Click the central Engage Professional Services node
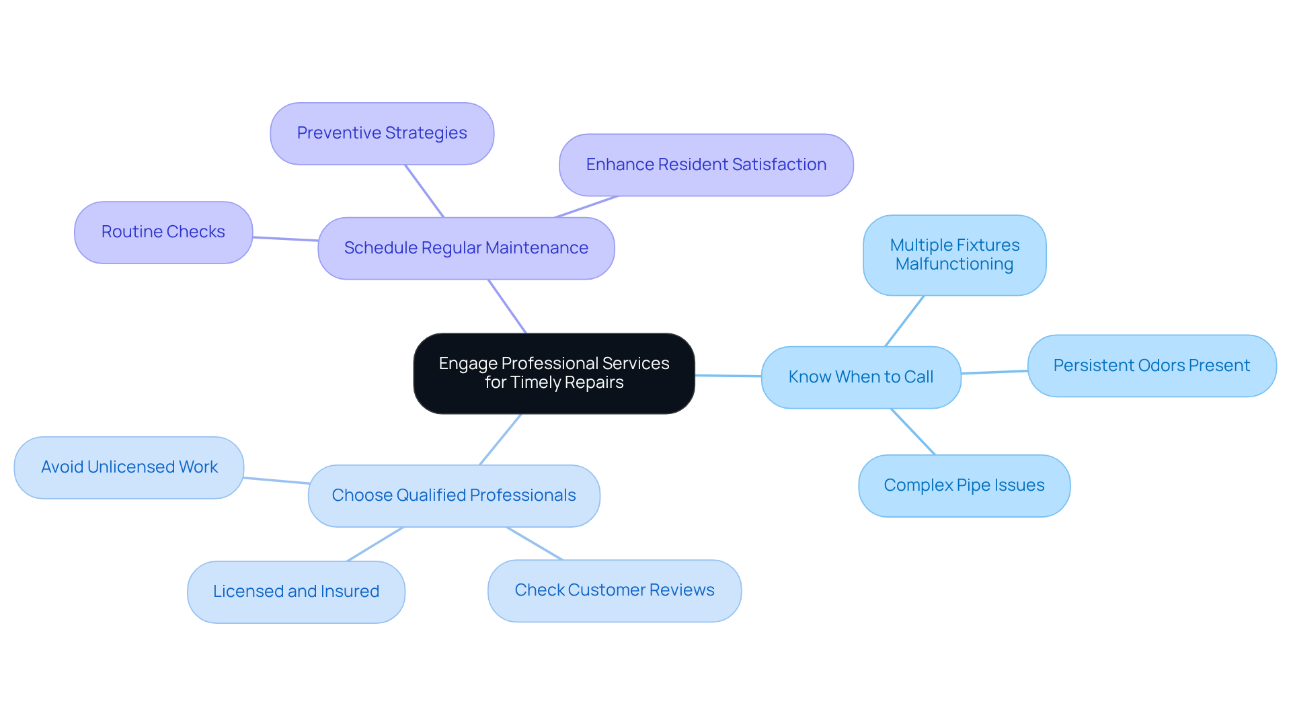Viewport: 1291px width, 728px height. [554, 373]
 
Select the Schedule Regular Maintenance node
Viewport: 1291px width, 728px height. [466, 248]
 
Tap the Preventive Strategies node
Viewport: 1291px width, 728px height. [382, 133]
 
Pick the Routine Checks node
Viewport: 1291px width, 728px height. [163, 232]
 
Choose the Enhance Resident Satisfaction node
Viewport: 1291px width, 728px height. [706, 165]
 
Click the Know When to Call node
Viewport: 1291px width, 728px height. [861, 377]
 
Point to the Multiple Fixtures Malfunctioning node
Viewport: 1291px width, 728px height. [955, 255]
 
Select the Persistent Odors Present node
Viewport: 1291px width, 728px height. [1152, 366]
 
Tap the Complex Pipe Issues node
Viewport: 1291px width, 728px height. [964, 485]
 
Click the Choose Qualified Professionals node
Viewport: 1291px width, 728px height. [454, 495]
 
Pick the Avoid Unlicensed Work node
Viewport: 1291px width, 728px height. [129, 467]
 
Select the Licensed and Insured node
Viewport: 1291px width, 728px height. [296, 592]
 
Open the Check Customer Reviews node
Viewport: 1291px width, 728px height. [615, 590]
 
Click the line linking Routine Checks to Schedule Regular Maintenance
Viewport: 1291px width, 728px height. [285, 239]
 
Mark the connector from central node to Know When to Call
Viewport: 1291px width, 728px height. [728, 376]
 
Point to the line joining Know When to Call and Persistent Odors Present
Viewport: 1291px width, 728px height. [994, 372]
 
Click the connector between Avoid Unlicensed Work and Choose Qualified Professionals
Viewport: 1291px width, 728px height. [276, 481]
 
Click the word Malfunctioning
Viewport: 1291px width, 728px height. [954, 264]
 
